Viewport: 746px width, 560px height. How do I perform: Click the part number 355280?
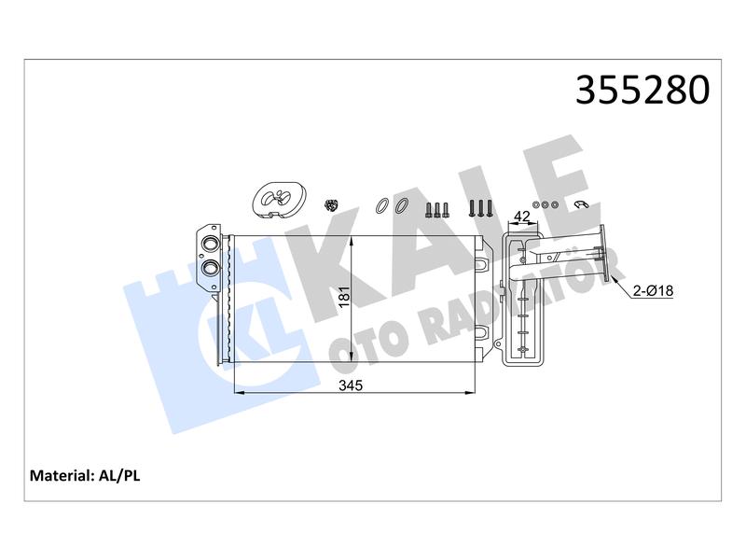642,90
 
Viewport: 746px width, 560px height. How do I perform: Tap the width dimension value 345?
351,385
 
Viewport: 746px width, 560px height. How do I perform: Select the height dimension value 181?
344,297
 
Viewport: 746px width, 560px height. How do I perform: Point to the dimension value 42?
522,217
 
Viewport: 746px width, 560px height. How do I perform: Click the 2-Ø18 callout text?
654,290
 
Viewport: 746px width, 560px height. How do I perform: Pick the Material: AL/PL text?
85,475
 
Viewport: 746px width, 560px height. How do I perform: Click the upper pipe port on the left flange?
210,245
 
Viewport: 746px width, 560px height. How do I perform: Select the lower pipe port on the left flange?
210,268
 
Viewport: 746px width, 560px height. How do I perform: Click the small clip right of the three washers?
580,204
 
